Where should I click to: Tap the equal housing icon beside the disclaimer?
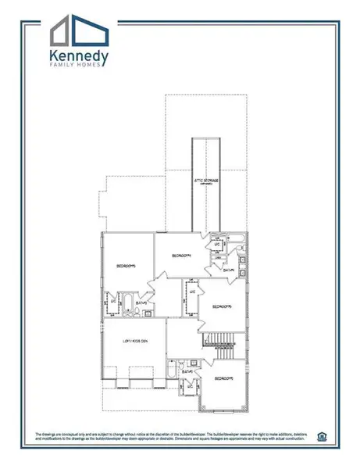coord(323,435)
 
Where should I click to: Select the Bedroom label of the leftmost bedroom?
coord(127,266)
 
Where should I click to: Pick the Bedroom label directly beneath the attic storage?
coord(181,256)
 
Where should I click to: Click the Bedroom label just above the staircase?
coord(223,307)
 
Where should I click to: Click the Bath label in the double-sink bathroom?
coord(230,271)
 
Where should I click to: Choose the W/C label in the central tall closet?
coord(192,292)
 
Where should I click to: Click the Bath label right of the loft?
coord(188,371)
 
